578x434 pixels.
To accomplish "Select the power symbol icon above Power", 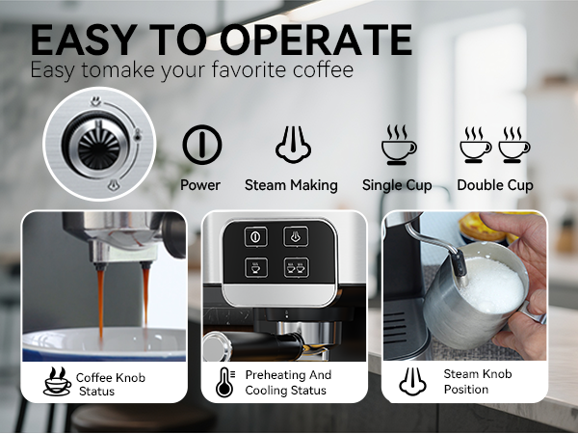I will [201, 145].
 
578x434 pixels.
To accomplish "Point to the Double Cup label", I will [495, 185].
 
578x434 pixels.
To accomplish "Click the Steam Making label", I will [291, 185].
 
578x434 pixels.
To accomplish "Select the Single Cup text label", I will [397, 185].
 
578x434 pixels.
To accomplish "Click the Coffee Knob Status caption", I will [109, 384].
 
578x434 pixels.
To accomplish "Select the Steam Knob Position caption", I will [478, 382].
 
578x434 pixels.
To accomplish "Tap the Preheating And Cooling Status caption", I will [287, 383].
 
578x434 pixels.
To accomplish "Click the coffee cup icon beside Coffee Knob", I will [56, 383].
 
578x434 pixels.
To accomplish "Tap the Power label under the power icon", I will [200, 185].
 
